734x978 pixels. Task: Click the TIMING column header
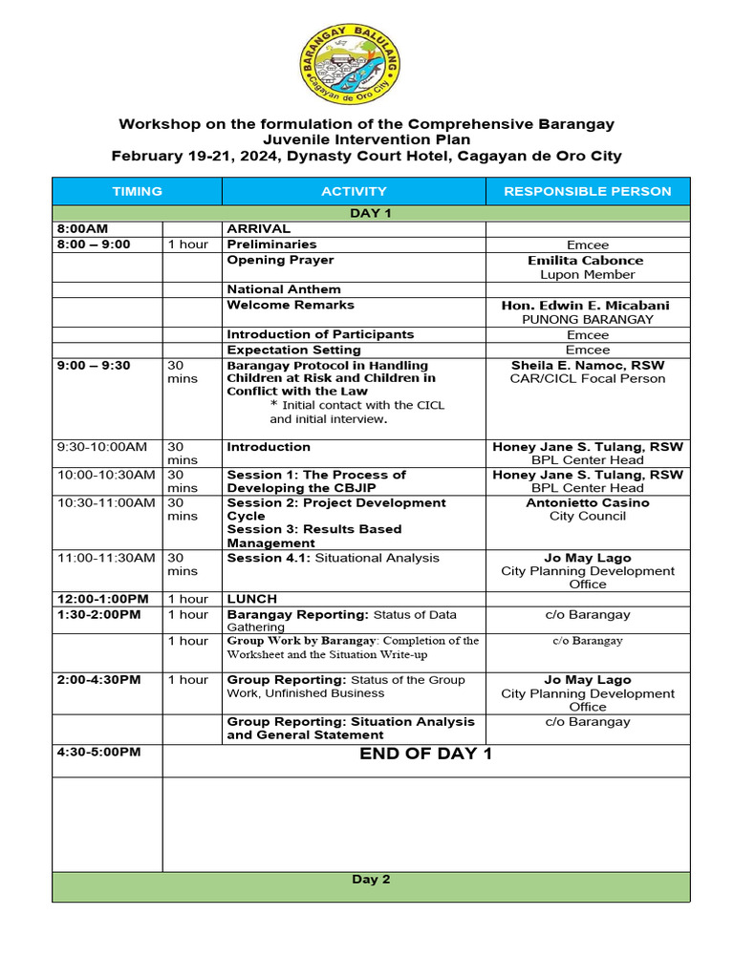(x=137, y=191)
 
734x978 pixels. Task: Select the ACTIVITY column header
(x=354, y=191)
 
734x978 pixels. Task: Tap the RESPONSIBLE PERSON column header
(x=587, y=191)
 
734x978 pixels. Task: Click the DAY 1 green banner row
(x=371, y=213)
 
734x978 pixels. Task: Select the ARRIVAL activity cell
(x=258, y=229)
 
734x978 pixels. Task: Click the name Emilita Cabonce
(x=586, y=260)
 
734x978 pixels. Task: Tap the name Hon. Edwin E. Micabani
(x=586, y=306)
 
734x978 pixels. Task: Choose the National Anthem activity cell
(x=284, y=289)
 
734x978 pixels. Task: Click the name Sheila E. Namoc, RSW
(x=587, y=366)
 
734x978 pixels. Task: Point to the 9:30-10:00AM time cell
(x=102, y=447)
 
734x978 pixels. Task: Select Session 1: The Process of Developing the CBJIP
(x=316, y=481)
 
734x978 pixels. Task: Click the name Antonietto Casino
(x=587, y=502)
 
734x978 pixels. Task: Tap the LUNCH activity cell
(x=250, y=599)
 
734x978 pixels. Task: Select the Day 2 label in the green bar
(x=371, y=880)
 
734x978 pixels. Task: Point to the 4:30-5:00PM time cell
(x=98, y=753)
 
